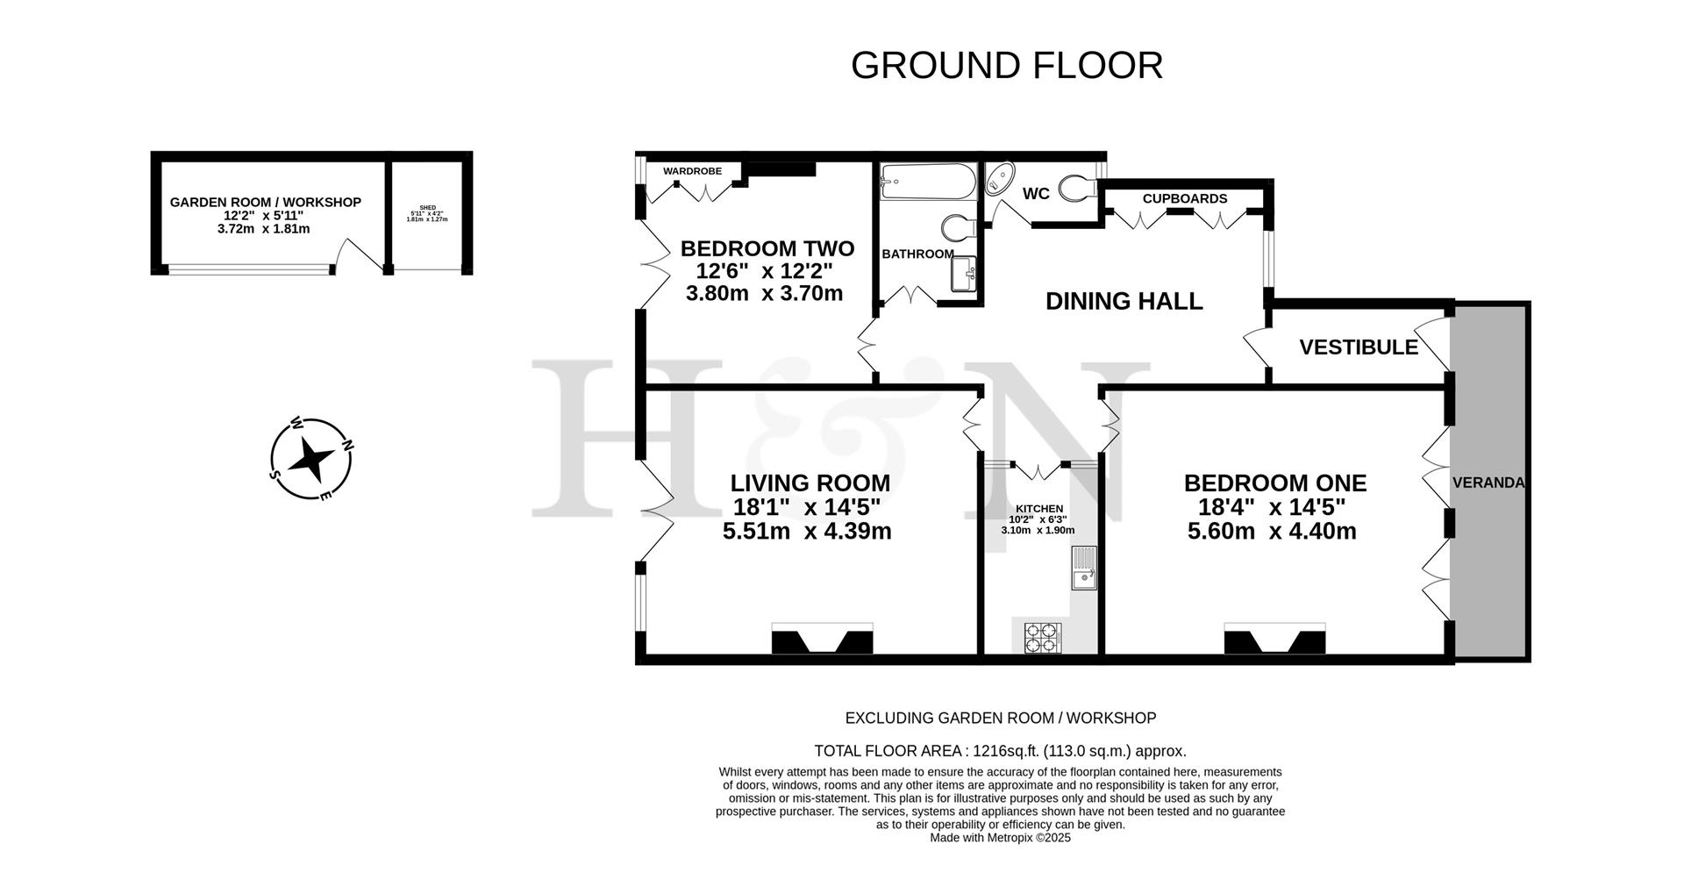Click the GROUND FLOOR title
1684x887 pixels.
(x=1006, y=66)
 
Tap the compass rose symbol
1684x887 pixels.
(x=310, y=458)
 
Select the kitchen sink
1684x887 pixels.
(x=1083, y=568)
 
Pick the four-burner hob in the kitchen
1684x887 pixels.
(x=1042, y=638)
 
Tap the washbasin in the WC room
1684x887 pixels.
(x=999, y=181)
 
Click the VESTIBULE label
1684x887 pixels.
(x=1358, y=347)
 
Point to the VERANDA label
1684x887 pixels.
(x=1488, y=483)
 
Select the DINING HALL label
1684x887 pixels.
(x=1124, y=301)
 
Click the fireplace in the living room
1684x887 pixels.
(x=822, y=639)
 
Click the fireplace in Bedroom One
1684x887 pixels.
(x=1274, y=639)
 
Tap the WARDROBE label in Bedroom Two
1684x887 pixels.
(x=692, y=171)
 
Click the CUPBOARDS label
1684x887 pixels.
(x=1184, y=198)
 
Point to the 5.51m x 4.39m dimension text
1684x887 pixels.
(x=806, y=531)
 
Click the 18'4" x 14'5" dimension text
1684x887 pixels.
(x=1271, y=507)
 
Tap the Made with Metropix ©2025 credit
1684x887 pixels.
(x=1000, y=838)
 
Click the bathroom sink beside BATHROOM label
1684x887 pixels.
(x=963, y=274)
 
